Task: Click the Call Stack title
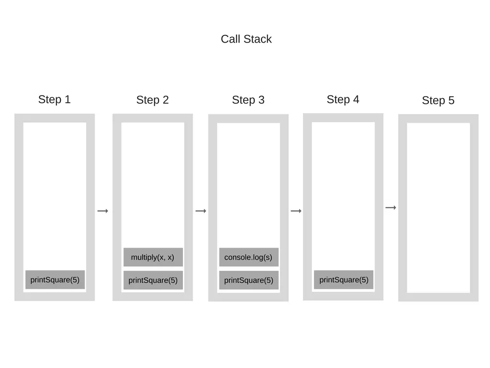(x=246, y=39)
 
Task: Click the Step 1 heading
(x=54, y=100)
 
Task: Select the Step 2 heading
(x=152, y=100)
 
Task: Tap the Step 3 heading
(x=248, y=100)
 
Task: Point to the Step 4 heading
(x=343, y=100)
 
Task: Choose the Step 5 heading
(x=438, y=101)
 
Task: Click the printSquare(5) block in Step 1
(x=55, y=280)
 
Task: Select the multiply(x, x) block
(x=153, y=257)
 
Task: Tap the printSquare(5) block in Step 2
(x=153, y=280)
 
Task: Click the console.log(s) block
(x=248, y=257)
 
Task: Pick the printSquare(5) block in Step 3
(x=248, y=280)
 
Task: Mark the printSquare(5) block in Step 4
(x=344, y=280)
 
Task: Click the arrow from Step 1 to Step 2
(x=103, y=211)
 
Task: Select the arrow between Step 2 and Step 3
(x=201, y=211)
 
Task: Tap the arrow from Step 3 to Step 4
(x=296, y=211)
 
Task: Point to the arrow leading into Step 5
(x=391, y=207)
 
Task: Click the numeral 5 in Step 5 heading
(x=451, y=101)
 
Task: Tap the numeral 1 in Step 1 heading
(x=67, y=100)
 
